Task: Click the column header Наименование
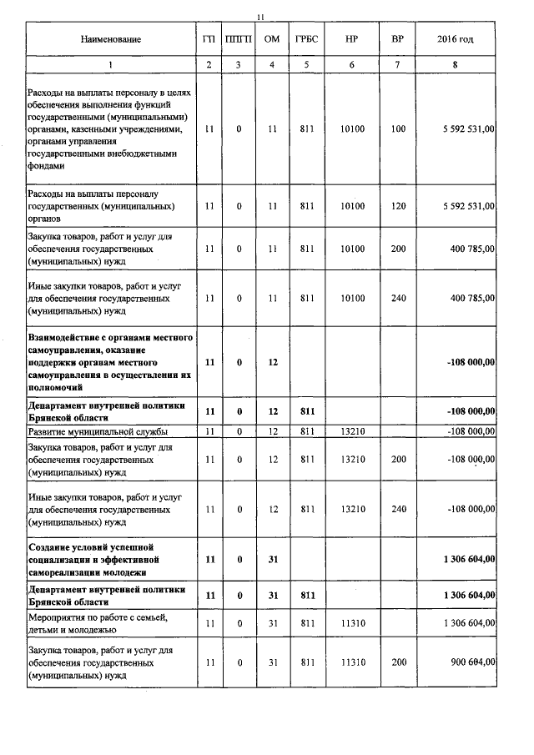[x=111, y=39]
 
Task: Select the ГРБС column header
[x=304, y=39]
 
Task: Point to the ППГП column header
[x=239, y=39]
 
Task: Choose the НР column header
[x=353, y=39]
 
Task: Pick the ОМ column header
[x=271, y=39]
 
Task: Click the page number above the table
[x=261, y=17]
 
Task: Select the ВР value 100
[x=398, y=129]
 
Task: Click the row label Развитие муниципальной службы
[x=98, y=431]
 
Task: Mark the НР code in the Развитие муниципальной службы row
[x=353, y=431]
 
